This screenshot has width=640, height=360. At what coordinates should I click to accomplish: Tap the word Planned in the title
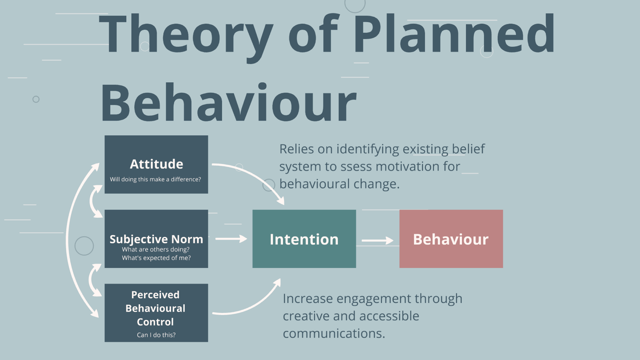tap(454, 33)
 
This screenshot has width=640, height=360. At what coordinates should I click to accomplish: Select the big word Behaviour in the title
tap(228, 102)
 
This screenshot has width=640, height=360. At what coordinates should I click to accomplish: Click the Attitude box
tap(156, 164)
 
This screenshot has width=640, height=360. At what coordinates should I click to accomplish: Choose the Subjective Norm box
tap(156, 239)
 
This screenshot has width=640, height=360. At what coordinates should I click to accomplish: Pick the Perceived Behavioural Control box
tap(156, 313)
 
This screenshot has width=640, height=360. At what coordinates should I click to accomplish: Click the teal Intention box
tap(304, 239)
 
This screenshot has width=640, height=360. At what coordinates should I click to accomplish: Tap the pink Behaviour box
tap(451, 239)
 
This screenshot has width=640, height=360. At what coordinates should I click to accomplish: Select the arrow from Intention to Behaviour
tap(377, 240)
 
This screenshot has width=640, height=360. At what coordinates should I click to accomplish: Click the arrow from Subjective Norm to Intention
tap(231, 239)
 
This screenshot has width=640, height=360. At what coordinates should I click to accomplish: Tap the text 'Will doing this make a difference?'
tap(156, 180)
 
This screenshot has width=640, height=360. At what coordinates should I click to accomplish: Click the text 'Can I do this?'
tap(156, 335)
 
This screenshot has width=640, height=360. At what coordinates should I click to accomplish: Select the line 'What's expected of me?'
tap(156, 258)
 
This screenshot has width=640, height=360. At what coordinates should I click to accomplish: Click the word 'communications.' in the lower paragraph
tap(334, 333)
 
